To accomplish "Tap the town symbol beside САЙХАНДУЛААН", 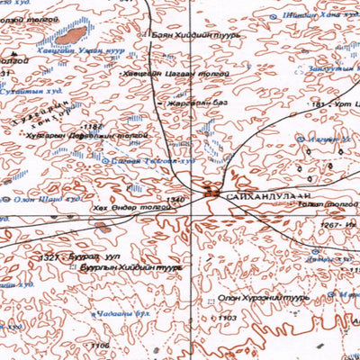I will point(213,191).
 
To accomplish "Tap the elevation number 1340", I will point(175,199).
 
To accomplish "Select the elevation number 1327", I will point(49,256).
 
